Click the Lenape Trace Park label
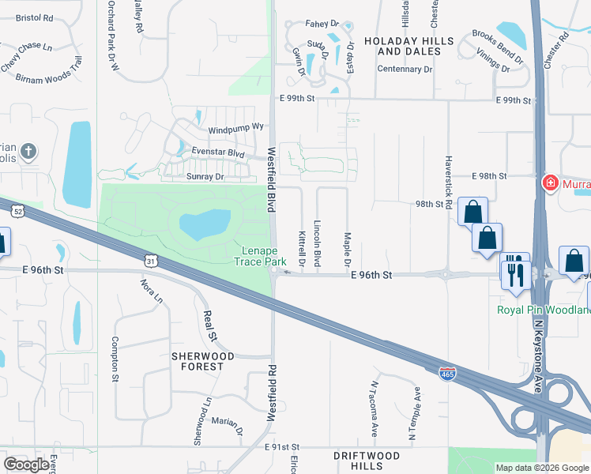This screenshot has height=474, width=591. [x=263, y=256]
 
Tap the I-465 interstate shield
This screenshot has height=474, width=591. [x=446, y=371]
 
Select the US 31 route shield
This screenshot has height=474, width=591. [x=152, y=260]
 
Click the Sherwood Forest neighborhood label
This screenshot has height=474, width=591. [x=203, y=362]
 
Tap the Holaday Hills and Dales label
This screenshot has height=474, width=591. [x=408, y=46]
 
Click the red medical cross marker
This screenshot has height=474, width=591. [x=549, y=184]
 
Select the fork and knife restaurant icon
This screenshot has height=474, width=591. [x=514, y=274]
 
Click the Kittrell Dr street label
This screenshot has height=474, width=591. [x=302, y=248]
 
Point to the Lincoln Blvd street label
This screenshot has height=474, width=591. [x=318, y=243]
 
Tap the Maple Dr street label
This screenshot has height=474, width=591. [x=347, y=248]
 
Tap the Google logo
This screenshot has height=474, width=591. [x=27, y=465]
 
